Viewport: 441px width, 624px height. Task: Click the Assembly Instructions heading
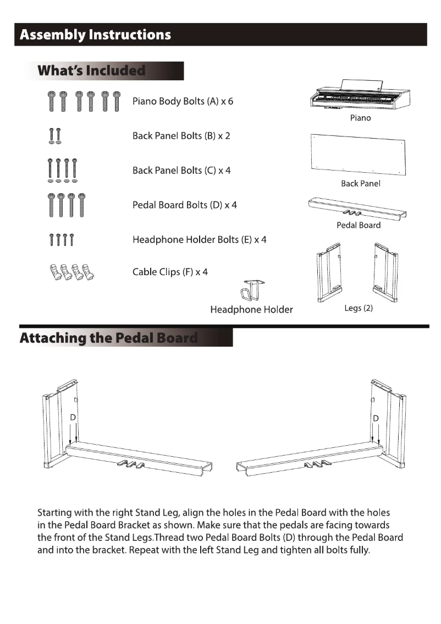95,35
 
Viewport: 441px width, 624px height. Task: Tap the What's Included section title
91,71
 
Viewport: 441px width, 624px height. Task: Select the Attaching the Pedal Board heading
108,337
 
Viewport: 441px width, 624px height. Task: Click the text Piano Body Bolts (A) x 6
183,102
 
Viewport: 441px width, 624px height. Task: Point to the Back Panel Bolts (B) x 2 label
181,136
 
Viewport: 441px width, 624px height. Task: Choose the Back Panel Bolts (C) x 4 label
181,171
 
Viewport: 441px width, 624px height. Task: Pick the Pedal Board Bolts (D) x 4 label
184,205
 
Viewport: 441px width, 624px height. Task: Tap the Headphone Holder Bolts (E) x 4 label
199,240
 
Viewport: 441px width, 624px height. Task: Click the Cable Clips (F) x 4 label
170,272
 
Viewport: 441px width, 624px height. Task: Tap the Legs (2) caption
359,308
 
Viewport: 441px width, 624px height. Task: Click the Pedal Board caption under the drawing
359,225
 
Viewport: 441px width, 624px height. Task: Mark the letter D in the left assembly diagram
73,418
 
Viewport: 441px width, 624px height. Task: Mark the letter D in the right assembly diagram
376,418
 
